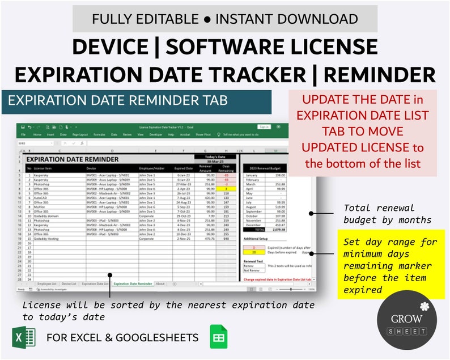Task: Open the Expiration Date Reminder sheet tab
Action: pos(133,283)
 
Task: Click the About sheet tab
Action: pos(160,283)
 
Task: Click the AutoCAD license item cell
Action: pos(43,198)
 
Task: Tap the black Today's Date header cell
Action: pos(215,156)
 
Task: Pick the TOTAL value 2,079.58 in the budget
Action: pos(279,229)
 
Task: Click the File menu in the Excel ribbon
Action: pos(24,135)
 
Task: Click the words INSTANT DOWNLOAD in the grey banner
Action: pos(287,19)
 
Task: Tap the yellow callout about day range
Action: pos(390,264)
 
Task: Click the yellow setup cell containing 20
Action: pos(254,252)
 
